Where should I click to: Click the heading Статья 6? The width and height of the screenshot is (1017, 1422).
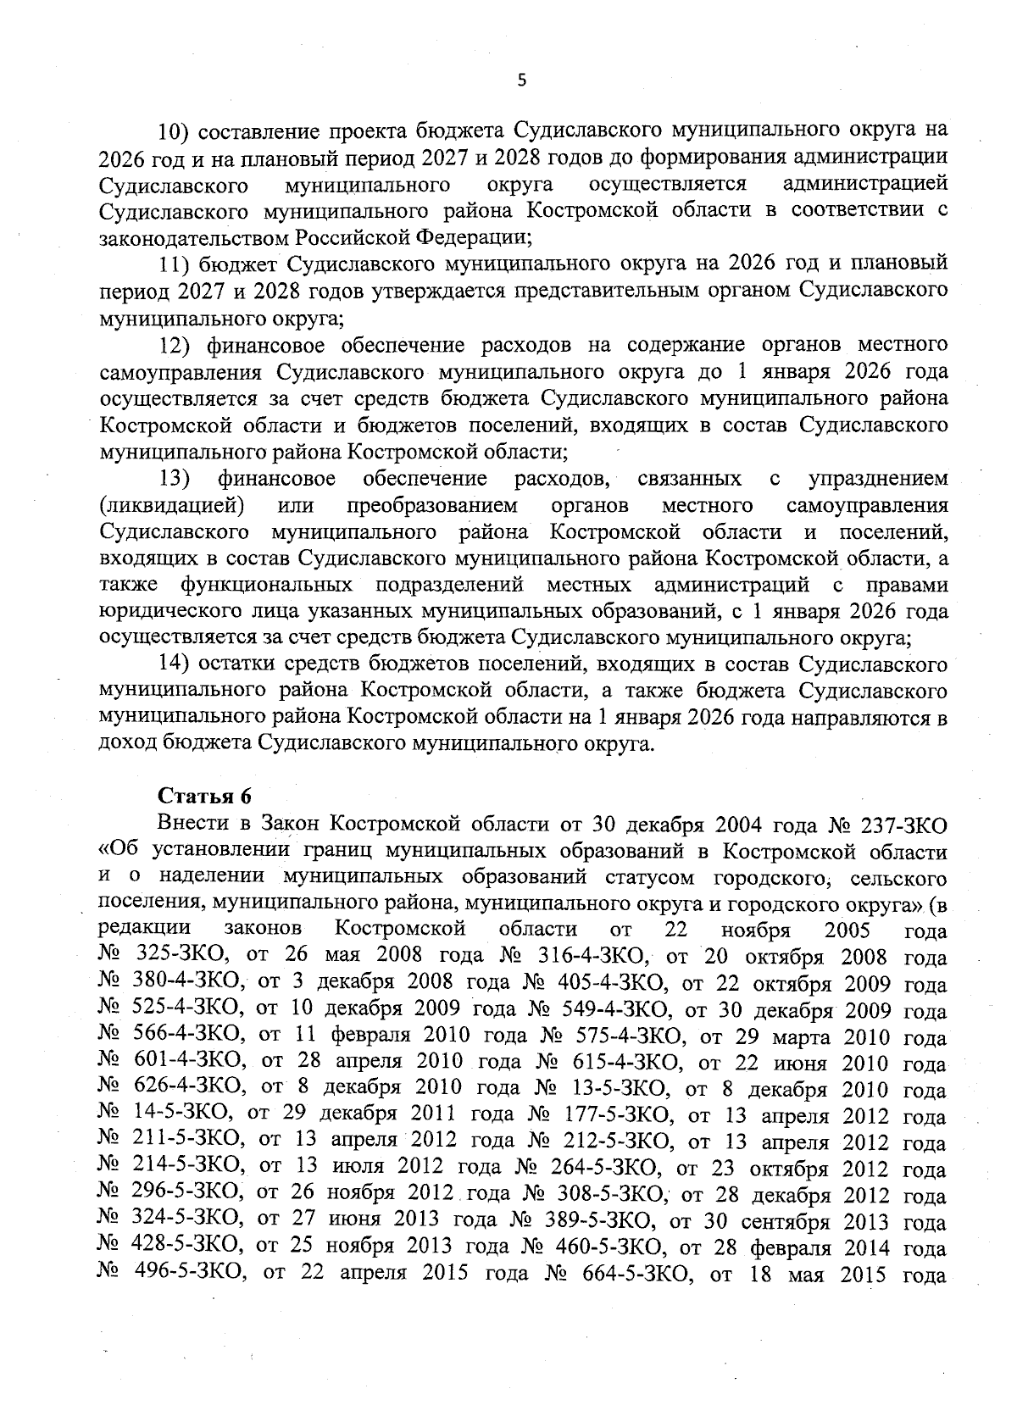click(x=205, y=796)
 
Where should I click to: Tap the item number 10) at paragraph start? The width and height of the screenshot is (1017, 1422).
click(x=177, y=131)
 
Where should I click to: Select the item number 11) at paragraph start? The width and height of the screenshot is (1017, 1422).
click(x=177, y=264)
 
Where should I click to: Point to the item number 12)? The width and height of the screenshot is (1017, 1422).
click(x=177, y=345)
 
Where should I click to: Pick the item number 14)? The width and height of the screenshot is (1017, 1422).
click(x=177, y=665)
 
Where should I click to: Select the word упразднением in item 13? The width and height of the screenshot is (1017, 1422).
click(x=879, y=479)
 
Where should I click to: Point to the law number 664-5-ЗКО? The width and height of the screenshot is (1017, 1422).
click(x=622, y=1275)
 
